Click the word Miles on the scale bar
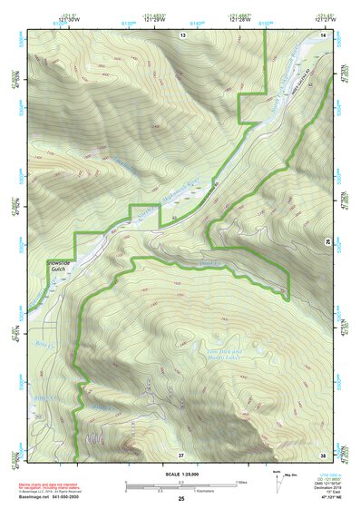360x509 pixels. tap(244, 481)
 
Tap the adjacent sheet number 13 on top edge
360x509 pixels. tap(182, 34)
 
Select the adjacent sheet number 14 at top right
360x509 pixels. tap(324, 34)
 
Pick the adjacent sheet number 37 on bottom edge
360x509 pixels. tap(181, 454)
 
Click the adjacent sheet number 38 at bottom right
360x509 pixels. tap(324, 454)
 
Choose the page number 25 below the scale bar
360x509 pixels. tap(181, 500)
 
